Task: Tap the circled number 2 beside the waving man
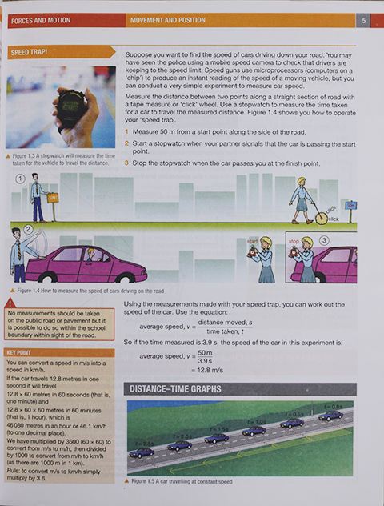[27, 229]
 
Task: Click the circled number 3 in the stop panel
[324, 239]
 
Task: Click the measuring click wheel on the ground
[320, 217]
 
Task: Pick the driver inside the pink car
[90, 255]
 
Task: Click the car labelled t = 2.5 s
[142, 452]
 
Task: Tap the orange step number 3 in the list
[126, 163]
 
